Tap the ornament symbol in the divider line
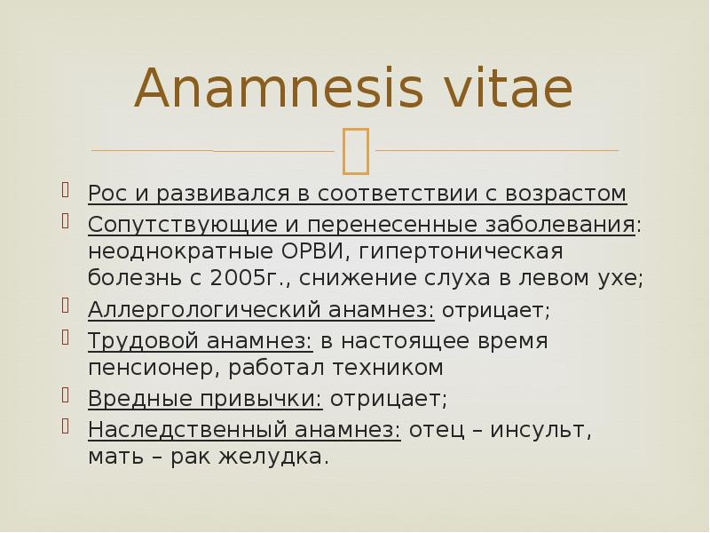[x=356, y=149]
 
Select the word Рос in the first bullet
[x=108, y=193]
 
